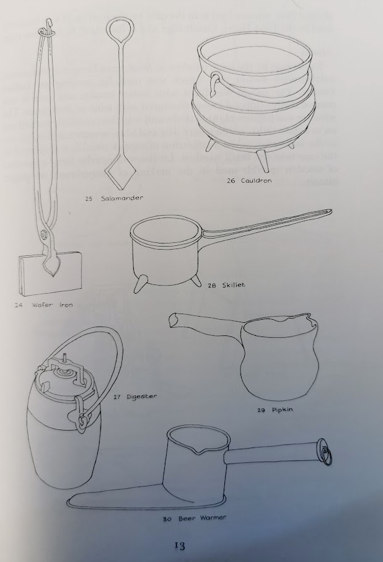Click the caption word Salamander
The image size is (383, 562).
pos(122,198)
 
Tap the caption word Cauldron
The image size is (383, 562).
pos(257,181)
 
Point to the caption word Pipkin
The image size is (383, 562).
pos(282,410)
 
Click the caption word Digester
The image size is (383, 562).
pos(142,397)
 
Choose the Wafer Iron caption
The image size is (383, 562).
pos(52,305)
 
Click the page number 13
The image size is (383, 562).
pos(180,546)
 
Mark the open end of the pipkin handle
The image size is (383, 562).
pos(174,320)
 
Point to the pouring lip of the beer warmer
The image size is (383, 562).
pos(200,453)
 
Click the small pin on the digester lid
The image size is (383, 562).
pos(65,358)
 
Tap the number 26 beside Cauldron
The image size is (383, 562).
pos(231,181)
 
